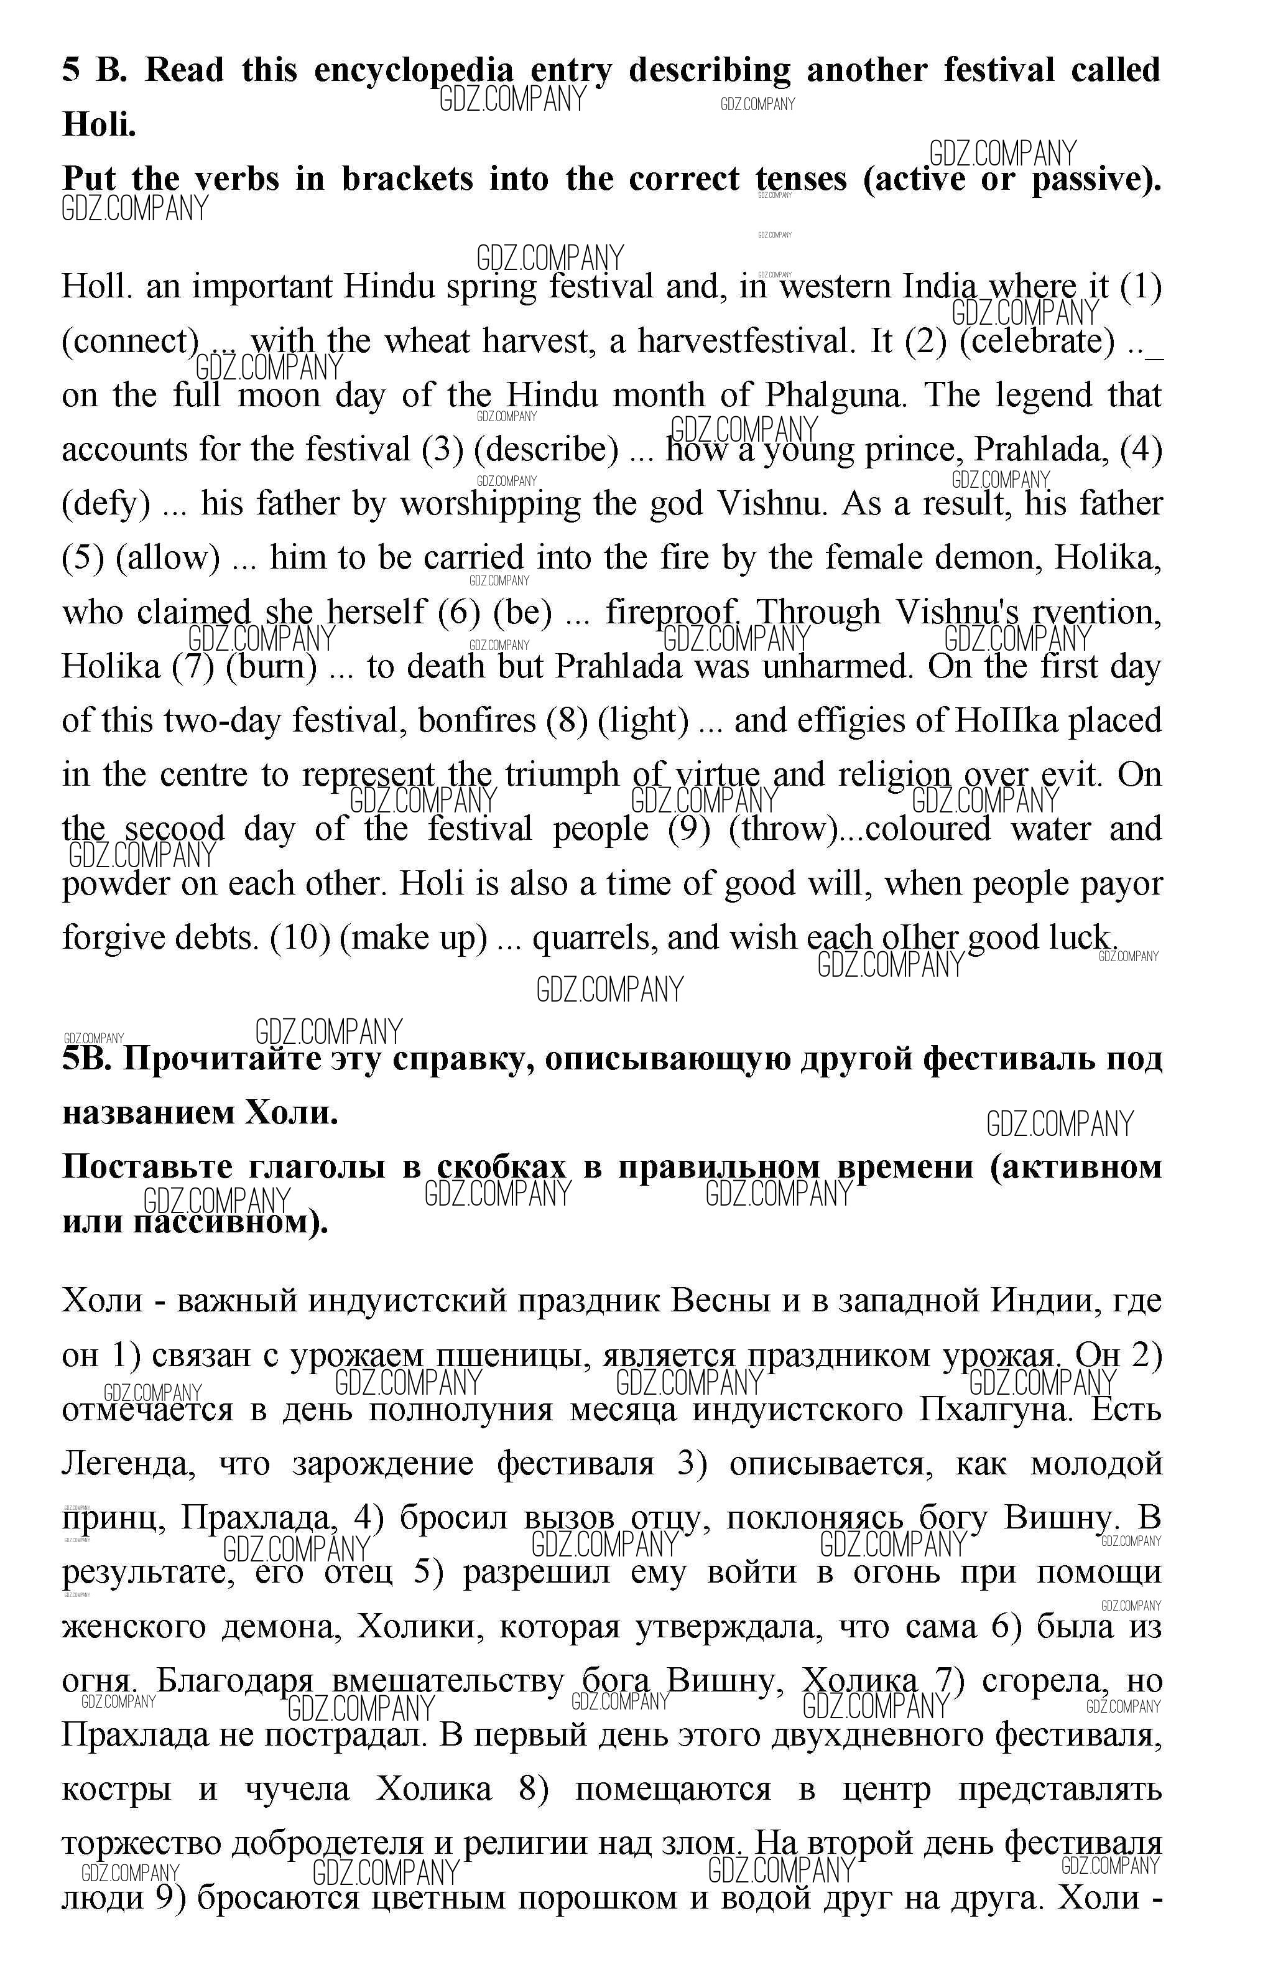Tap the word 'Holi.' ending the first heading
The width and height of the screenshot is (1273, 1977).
point(100,125)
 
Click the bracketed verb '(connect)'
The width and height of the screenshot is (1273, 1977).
point(131,342)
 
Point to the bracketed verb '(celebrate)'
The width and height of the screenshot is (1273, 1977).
point(1037,342)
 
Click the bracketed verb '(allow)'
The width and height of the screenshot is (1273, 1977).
point(168,558)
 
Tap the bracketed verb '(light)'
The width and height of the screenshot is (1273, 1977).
point(643,721)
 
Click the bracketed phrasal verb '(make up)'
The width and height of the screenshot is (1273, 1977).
point(414,937)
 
